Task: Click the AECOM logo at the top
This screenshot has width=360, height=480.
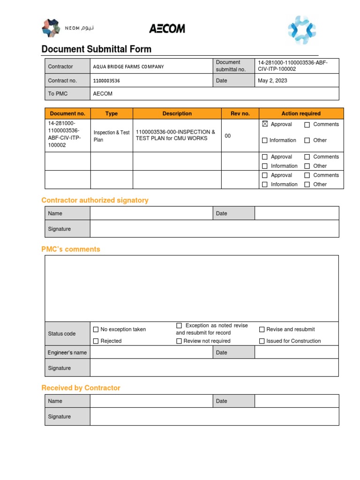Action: point(167,29)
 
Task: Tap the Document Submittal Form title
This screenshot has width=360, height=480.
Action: point(96,49)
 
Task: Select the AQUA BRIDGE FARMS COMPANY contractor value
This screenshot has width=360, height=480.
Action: point(128,67)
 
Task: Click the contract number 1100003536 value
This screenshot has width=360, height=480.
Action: point(106,81)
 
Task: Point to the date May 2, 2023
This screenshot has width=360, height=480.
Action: point(272,81)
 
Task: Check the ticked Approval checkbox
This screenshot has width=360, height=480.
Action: point(265,125)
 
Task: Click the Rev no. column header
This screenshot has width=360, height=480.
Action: point(240,113)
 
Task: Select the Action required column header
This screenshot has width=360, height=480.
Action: point(301,113)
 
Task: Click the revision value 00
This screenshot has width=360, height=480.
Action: point(228,136)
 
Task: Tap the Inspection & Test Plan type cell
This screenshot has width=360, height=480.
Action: point(112,136)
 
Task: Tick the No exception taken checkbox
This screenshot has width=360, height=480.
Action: point(96,330)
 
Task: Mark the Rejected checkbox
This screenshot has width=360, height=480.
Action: point(96,341)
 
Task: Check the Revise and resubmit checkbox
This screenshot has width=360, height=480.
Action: point(262,330)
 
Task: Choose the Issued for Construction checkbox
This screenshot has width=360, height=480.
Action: point(262,341)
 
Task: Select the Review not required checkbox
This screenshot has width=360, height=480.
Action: point(179,341)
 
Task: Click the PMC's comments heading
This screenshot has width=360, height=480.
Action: point(71,249)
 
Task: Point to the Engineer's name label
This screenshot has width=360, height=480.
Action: point(67,352)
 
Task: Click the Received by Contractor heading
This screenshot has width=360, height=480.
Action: point(81,388)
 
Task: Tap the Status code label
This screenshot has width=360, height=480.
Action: point(61,334)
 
